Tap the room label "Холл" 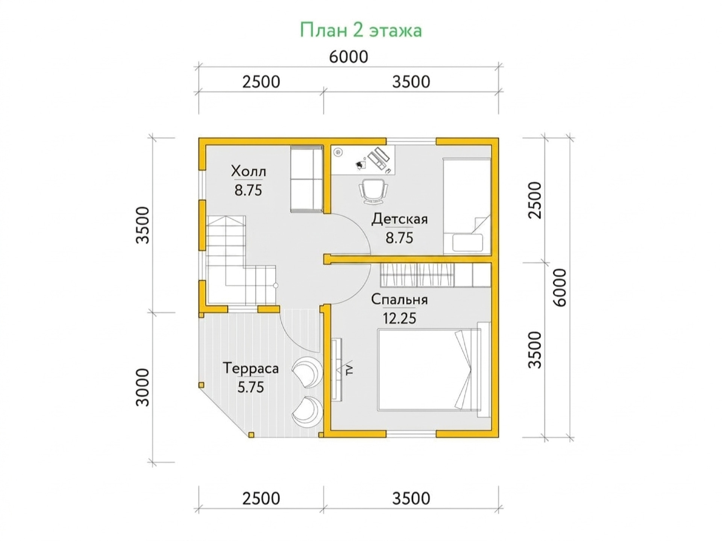[x=248, y=171]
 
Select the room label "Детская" [x=399, y=219]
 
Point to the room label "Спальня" [x=399, y=300]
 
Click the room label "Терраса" [x=251, y=368]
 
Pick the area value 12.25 [x=399, y=318]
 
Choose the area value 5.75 [x=251, y=387]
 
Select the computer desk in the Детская [x=363, y=160]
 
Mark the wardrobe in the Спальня [x=436, y=275]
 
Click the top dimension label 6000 [x=349, y=57]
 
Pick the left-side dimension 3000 [x=143, y=388]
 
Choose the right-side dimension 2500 [x=535, y=200]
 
